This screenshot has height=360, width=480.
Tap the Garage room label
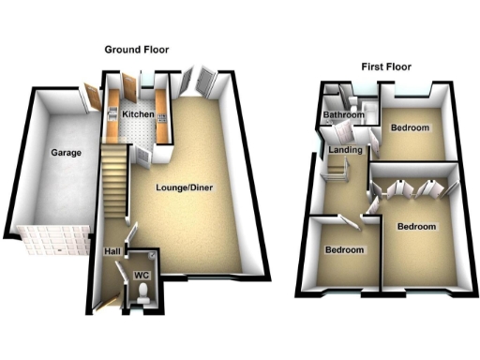coord(67,152)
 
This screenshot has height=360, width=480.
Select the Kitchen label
coord(138,114)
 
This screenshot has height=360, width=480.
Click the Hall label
coord(111,252)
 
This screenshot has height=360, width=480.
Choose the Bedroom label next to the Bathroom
coord(410,127)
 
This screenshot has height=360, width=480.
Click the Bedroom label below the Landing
coord(343,250)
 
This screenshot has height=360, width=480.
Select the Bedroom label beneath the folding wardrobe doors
coord(416,227)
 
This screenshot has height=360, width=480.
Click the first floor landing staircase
coord(337,171)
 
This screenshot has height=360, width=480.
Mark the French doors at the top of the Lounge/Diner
coord(201,82)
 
